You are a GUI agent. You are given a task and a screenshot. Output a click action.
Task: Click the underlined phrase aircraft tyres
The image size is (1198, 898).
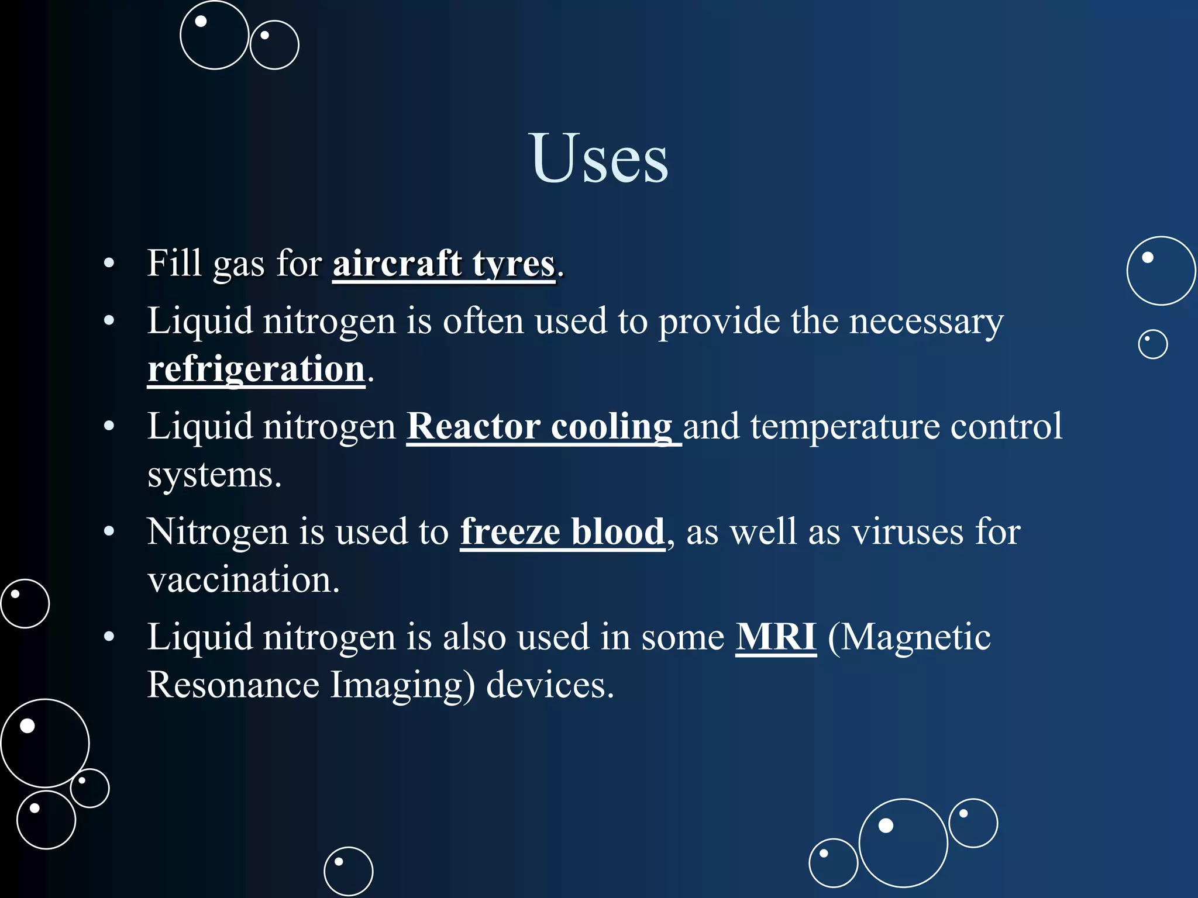click(x=443, y=264)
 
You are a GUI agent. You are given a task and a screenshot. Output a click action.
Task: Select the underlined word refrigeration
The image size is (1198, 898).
click(x=256, y=369)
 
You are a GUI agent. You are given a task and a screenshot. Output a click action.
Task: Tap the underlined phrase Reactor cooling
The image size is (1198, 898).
click(x=539, y=426)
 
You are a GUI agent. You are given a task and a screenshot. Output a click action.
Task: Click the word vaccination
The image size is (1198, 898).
click(x=243, y=580)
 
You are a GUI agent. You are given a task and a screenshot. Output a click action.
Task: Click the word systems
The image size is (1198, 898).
click(x=214, y=475)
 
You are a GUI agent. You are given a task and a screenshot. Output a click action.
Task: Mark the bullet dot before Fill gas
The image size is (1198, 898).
click(x=109, y=264)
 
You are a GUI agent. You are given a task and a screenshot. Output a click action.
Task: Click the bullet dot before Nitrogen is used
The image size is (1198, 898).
click(x=109, y=532)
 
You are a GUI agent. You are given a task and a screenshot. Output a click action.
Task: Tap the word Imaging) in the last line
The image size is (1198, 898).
click(x=402, y=685)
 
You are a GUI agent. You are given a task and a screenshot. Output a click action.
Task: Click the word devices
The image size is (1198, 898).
click(x=550, y=685)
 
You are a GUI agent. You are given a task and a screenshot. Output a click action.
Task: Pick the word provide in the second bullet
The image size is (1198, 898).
click(x=719, y=322)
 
